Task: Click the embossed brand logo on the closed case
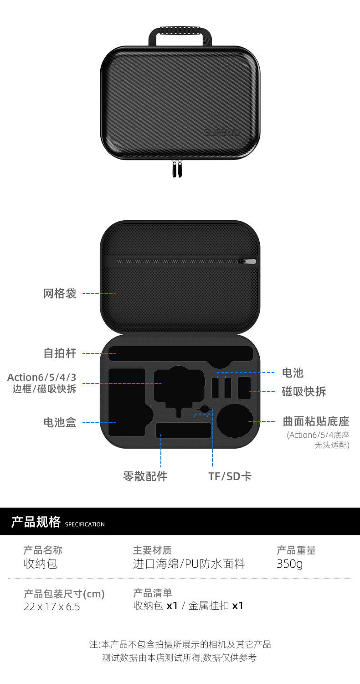(x=222, y=133)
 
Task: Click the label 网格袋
(x=60, y=293)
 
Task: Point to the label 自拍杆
(x=60, y=353)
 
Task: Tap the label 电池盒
(x=60, y=423)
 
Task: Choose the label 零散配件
(x=145, y=477)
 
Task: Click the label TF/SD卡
(x=230, y=477)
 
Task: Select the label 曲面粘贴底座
(x=316, y=421)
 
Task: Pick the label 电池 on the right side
(x=293, y=373)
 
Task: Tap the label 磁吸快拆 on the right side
(x=304, y=392)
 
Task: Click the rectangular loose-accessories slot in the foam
(x=183, y=430)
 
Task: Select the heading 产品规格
(x=36, y=522)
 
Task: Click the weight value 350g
(x=289, y=564)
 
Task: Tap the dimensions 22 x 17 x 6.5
(x=51, y=606)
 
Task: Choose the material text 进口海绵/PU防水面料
(x=189, y=564)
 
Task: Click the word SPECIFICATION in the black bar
(x=85, y=524)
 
